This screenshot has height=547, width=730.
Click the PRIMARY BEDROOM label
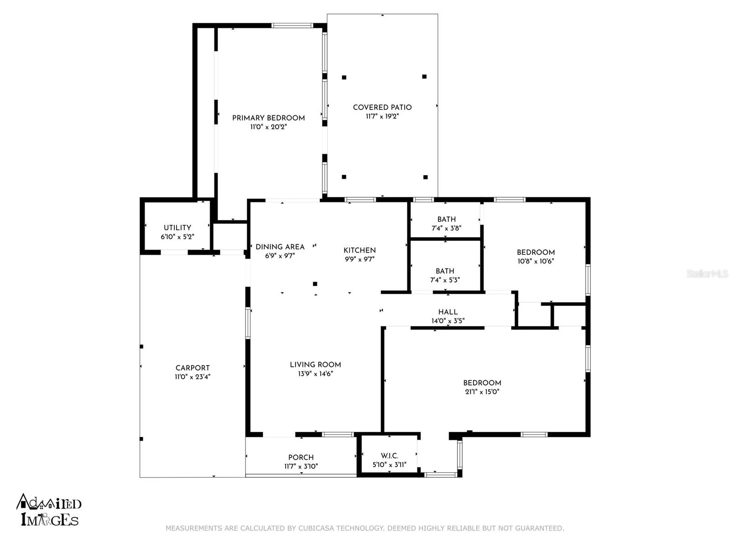(268, 118)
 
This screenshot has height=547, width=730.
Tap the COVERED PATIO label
(382, 107)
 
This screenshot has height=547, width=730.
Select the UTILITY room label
(177, 228)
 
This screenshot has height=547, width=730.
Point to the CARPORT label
(193, 368)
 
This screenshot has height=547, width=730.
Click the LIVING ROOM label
(315, 365)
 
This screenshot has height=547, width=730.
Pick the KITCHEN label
(360, 250)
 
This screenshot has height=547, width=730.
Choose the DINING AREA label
(280, 247)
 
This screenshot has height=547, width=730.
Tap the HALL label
(448, 312)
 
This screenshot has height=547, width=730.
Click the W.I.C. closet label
(389, 456)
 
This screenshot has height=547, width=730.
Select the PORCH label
(301, 457)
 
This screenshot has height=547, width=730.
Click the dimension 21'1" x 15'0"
(482, 392)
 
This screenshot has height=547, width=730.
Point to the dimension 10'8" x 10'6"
(536, 261)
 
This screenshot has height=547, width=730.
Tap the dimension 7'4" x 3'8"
(446, 228)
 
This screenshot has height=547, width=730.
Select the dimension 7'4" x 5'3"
(445, 280)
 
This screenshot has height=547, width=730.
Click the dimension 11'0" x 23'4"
(193, 377)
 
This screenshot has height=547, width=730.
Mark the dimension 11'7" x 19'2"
(382, 116)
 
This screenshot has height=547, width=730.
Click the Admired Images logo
(48, 510)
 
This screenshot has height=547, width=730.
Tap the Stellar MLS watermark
(707, 274)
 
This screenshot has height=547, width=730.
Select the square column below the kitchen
(315, 284)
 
